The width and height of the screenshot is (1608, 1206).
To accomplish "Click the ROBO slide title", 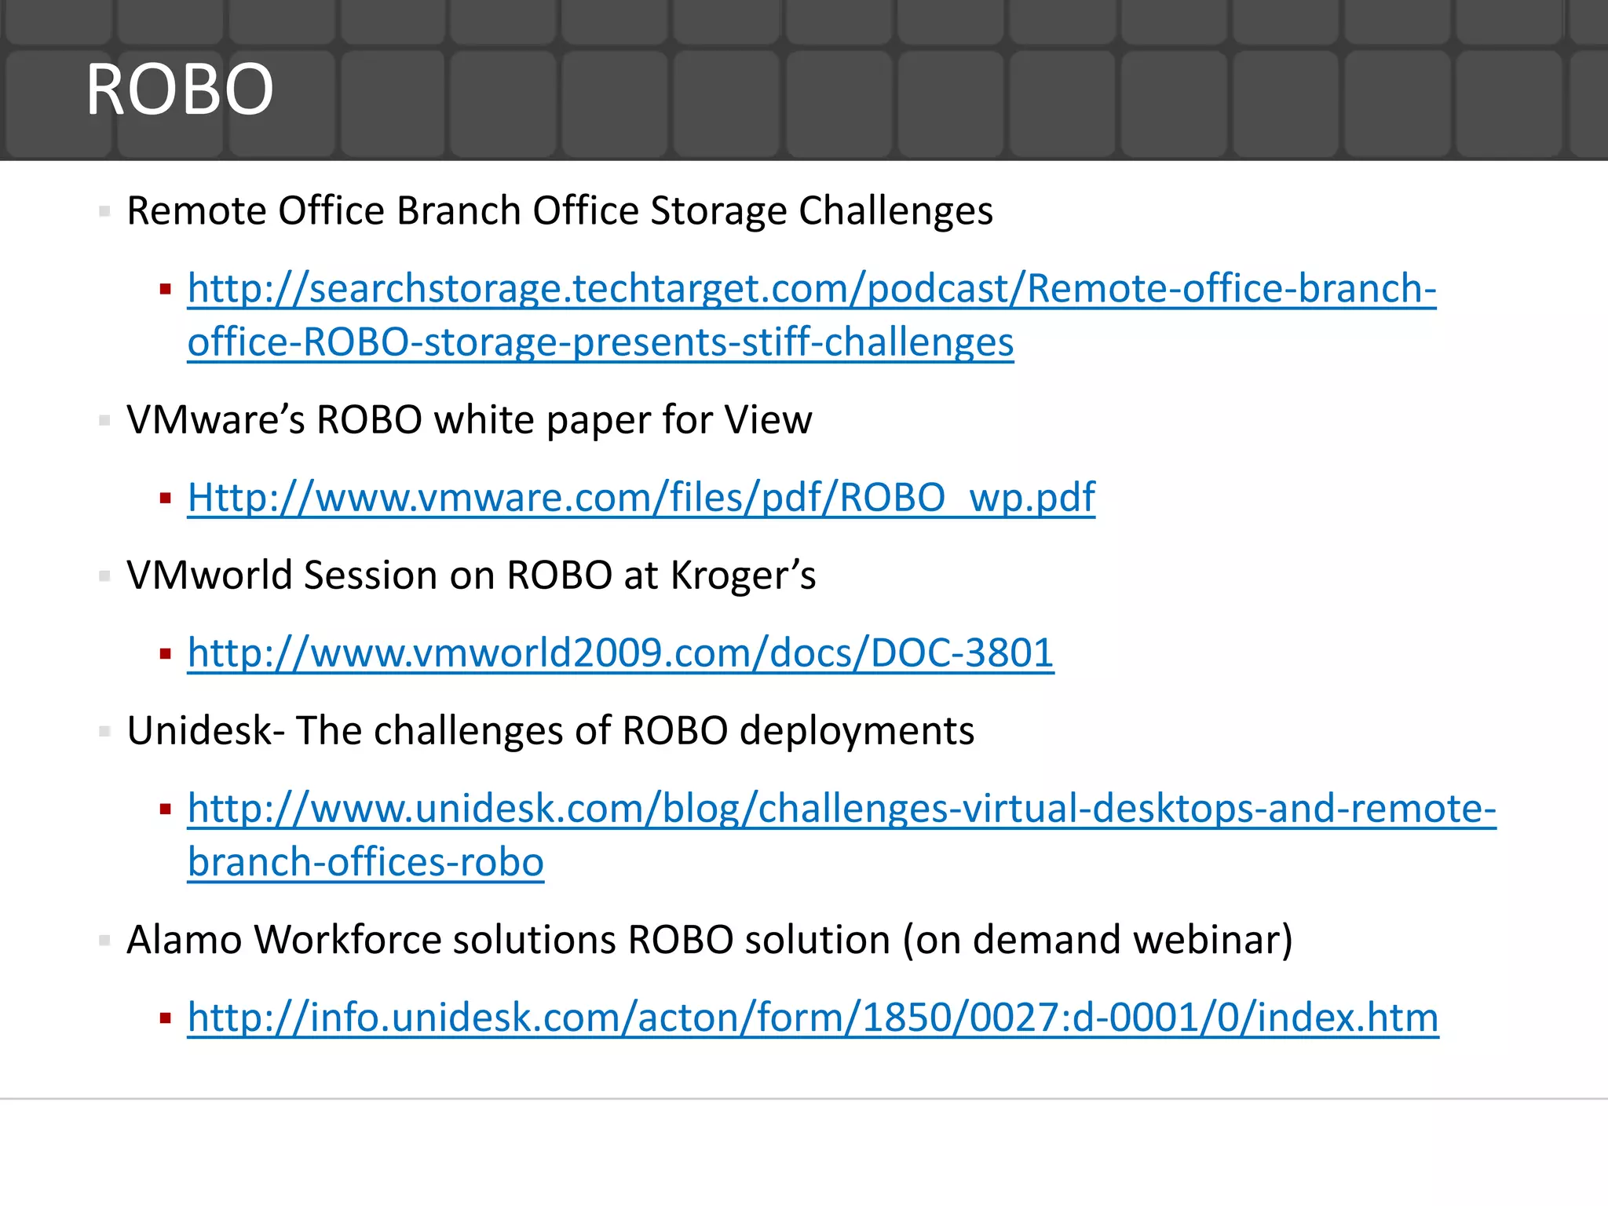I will [x=180, y=90].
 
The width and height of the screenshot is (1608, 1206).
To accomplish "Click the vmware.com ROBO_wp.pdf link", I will [x=641, y=498].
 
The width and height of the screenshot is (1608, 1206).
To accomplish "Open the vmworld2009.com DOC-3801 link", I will [x=620, y=653].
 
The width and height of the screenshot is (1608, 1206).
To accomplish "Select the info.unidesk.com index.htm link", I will [x=813, y=1018].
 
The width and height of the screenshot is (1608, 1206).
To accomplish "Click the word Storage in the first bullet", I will [x=718, y=211].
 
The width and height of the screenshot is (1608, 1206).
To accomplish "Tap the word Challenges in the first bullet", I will [x=895, y=211].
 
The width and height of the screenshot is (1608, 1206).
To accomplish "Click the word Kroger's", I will [x=743, y=576].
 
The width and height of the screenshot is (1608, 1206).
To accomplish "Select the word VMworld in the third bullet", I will [x=210, y=576].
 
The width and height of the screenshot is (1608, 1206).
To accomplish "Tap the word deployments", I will [x=857, y=731].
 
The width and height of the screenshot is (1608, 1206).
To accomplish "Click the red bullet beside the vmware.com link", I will [x=165, y=498].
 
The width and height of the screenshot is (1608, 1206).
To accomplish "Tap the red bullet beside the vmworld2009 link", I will [x=165, y=653].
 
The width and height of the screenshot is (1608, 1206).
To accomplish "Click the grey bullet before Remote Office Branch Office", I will [x=104, y=211].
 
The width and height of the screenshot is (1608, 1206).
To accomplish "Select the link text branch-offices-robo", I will [x=365, y=863].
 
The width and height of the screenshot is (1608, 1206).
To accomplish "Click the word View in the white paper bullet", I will [x=768, y=420].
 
